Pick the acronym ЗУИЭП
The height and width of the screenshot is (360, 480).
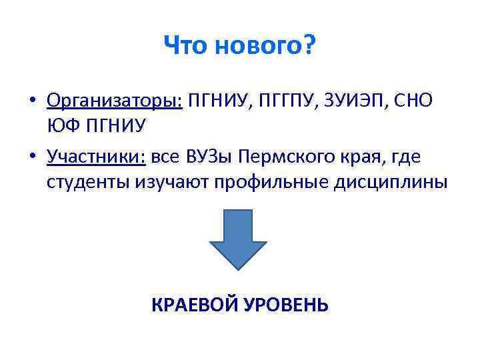(355, 100)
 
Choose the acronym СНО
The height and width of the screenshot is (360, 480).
(413, 100)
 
